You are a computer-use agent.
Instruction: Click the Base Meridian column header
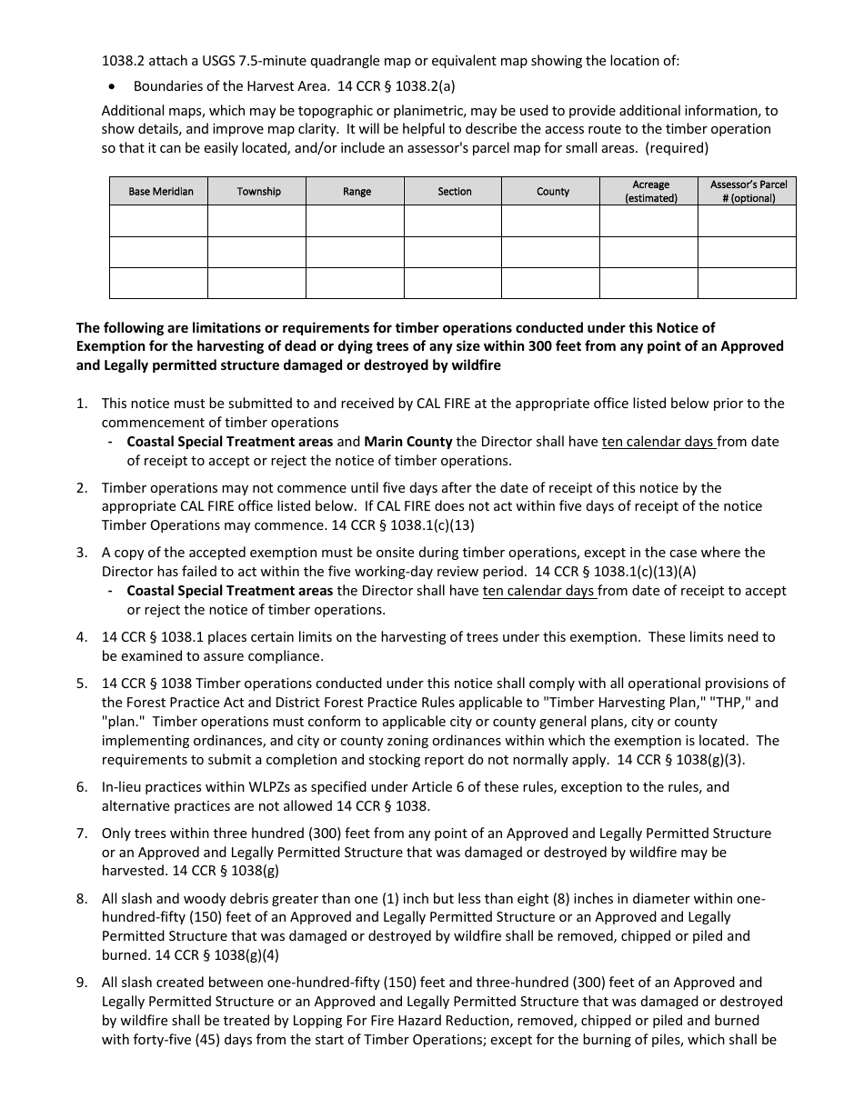[160, 192]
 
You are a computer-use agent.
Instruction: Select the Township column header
[258, 192]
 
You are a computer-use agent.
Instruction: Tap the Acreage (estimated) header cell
[650, 191]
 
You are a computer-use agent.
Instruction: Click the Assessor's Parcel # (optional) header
[748, 191]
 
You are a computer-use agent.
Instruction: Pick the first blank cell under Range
[357, 222]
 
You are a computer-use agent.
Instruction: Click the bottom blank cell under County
[552, 283]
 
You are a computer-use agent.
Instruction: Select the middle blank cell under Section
[454, 253]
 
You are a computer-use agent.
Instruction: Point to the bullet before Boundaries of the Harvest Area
[112, 87]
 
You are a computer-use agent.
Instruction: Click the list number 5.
[82, 684]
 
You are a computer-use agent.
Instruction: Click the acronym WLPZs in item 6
[227, 787]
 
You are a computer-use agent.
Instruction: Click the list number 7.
[82, 834]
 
